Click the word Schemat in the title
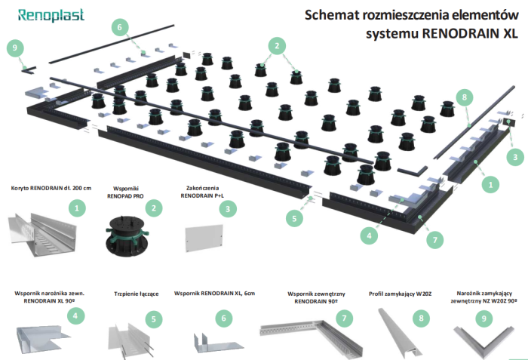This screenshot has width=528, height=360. pos(333,15)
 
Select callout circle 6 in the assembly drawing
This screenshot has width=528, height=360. pos(119,27)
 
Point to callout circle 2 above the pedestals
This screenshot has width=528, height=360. pos(278,46)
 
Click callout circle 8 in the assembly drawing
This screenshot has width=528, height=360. pos(465,98)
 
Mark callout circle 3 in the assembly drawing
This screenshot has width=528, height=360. pos(514,157)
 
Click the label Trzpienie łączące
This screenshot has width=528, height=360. pos(136,294)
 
